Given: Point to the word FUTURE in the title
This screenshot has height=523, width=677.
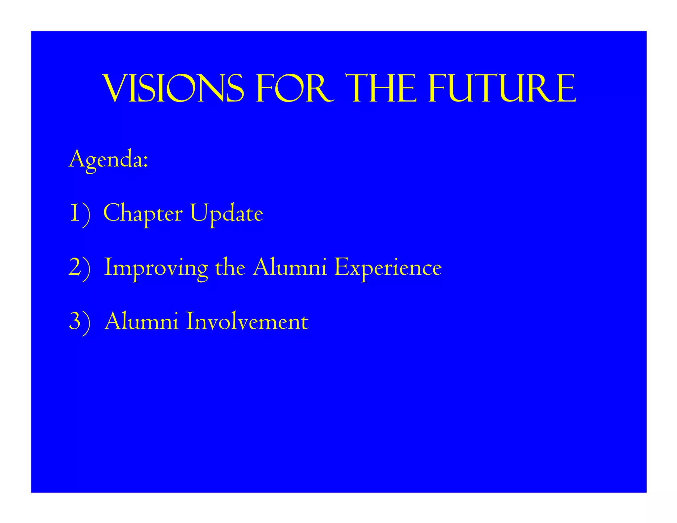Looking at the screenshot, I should (x=502, y=89).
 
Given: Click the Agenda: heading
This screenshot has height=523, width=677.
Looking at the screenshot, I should (x=108, y=160).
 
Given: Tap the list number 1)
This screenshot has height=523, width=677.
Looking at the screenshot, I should (x=80, y=214).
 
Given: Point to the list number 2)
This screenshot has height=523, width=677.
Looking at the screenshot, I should (x=79, y=268).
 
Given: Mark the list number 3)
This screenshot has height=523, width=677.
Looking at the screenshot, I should (x=79, y=322).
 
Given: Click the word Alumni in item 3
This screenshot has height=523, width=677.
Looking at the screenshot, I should (x=141, y=321).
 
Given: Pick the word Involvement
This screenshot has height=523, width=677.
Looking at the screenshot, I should (x=247, y=321).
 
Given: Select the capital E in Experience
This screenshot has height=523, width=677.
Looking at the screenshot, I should (x=341, y=267).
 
